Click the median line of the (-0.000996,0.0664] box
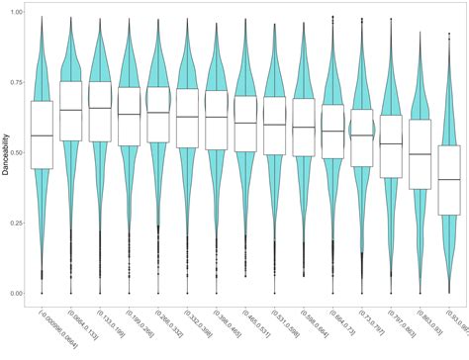(x=42, y=135)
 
